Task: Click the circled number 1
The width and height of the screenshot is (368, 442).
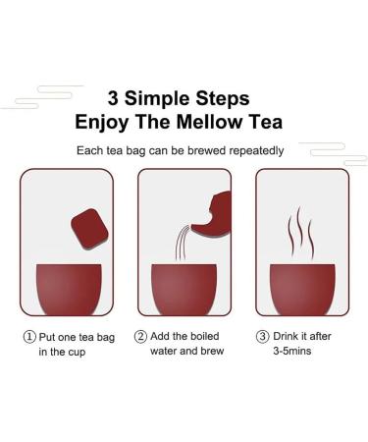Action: (30, 336)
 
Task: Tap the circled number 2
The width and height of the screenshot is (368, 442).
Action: (140, 336)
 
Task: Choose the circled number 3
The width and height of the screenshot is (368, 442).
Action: (262, 336)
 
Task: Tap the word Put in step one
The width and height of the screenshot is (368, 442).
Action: (50, 336)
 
